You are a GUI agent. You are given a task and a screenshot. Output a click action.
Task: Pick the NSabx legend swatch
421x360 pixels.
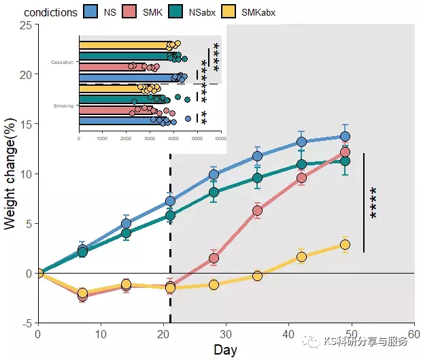(x=177, y=12)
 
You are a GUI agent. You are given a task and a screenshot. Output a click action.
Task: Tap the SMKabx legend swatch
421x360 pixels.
(x=229, y=12)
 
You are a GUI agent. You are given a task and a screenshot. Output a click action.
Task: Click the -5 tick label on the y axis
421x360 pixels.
(x=27, y=323)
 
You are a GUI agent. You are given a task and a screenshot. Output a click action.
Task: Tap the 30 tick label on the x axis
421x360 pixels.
(x=226, y=335)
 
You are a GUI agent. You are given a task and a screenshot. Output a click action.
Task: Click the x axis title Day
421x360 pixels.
(x=225, y=350)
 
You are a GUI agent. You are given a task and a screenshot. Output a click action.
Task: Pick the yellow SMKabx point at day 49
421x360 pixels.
(x=345, y=244)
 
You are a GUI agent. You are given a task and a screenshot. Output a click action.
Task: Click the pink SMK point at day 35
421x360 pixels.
(x=257, y=210)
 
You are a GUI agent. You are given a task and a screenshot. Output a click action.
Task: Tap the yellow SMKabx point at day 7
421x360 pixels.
(x=82, y=293)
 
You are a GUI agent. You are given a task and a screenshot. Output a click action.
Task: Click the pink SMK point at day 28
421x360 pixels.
(x=214, y=258)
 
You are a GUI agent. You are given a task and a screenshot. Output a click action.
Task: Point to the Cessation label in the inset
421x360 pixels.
(x=62, y=62)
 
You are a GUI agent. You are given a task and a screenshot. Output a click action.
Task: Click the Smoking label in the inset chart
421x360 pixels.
(x=63, y=106)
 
